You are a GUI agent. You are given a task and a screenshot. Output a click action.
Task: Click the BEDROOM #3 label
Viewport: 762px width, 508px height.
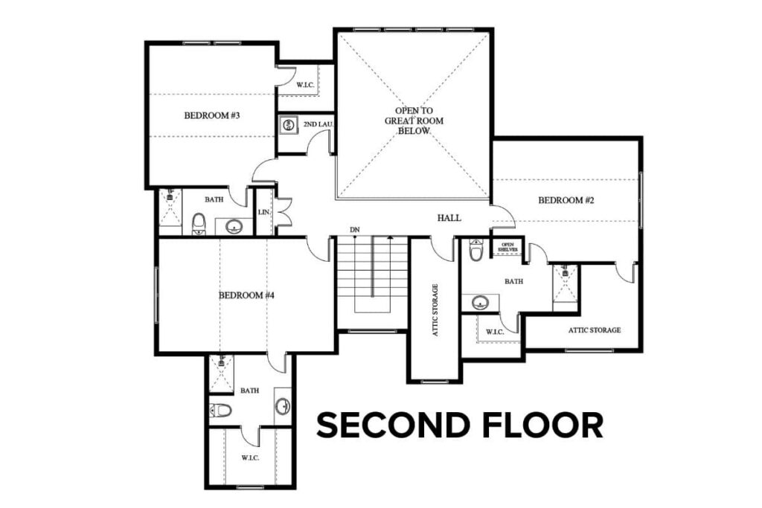(211, 115)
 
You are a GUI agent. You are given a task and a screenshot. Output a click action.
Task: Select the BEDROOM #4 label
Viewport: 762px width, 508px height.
(247, 295)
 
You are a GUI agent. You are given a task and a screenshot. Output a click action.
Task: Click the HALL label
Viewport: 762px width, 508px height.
(449, 218)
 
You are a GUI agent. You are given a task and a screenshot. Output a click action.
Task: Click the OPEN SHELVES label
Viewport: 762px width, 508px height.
(508, 247)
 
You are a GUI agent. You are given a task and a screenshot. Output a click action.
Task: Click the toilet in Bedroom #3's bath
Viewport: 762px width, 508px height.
(199, 223)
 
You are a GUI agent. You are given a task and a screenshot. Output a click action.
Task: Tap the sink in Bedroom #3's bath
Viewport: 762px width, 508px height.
(234, 226)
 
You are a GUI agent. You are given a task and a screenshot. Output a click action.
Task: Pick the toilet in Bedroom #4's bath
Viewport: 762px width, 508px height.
(220, 410)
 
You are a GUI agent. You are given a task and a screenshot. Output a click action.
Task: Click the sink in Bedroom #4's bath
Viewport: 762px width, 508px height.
(283, 406)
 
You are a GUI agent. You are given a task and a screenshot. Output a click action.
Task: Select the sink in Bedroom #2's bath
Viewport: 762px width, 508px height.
(481, 302)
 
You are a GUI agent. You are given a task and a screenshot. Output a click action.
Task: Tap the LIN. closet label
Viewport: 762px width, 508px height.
(263, 213)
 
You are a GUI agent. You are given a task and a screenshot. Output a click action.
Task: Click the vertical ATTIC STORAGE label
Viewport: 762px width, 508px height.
(435, 310)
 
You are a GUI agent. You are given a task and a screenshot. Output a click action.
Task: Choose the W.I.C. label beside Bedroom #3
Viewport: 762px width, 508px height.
(305, 86)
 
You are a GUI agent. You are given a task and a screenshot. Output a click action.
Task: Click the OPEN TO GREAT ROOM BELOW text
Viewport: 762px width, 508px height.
(409, 120)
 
